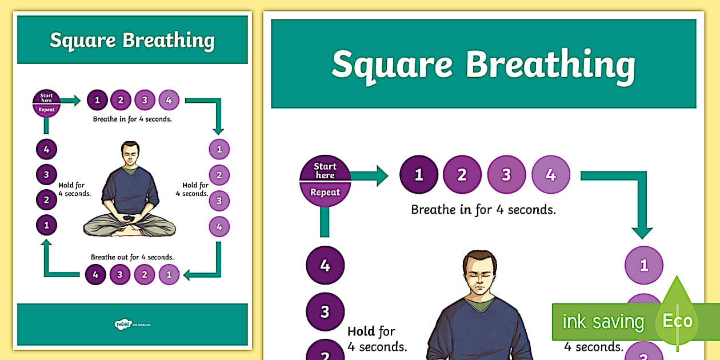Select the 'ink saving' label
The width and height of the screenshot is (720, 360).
[x=603, y=322]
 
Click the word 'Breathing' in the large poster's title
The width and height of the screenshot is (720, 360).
[x=550, y=65]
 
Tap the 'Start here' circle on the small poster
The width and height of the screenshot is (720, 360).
[x=46, y=103]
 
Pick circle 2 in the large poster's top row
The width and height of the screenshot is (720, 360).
[x=462, y=174]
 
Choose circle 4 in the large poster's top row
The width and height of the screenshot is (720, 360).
[x=551, y=174]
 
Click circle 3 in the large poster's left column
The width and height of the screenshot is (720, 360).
[x=325, y=312]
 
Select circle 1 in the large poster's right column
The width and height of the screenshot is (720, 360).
[x=644, y=265]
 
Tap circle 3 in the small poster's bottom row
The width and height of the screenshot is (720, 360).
[x=120, y=275]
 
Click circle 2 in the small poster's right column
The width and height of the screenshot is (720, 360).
[x=219, y=175]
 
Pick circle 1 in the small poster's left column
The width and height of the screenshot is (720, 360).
[x=46, y=225]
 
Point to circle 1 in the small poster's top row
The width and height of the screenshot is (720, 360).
[x=97, y=101]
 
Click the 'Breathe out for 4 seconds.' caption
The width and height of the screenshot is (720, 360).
[x=132, y=257]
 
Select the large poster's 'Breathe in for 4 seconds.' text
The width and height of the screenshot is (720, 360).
[x=483, y=210]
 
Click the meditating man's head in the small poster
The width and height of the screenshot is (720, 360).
[x=130, y=153]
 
